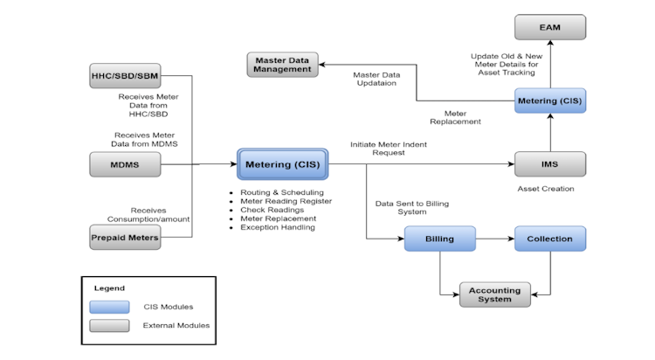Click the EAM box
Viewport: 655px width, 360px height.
(x=549, y=27)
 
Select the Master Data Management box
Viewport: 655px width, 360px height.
(x=282, y=64)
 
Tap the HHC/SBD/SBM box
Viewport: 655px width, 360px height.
(x=125, y=75)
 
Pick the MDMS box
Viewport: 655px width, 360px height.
(x=125, y=163)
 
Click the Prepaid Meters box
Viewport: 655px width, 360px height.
(x=125, y=236)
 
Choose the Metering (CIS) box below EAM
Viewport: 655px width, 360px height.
(x=549, y=101)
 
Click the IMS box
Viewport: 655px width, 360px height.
(x=549, y=163)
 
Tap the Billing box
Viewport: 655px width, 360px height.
(x=439, y=238)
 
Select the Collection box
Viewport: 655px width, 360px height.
(x=549, y=238)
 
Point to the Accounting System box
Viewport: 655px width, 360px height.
(x=494, y=294)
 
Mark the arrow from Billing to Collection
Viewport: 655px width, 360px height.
(x=494, y=238)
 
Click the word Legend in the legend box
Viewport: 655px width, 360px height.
(x=109, y=287)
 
